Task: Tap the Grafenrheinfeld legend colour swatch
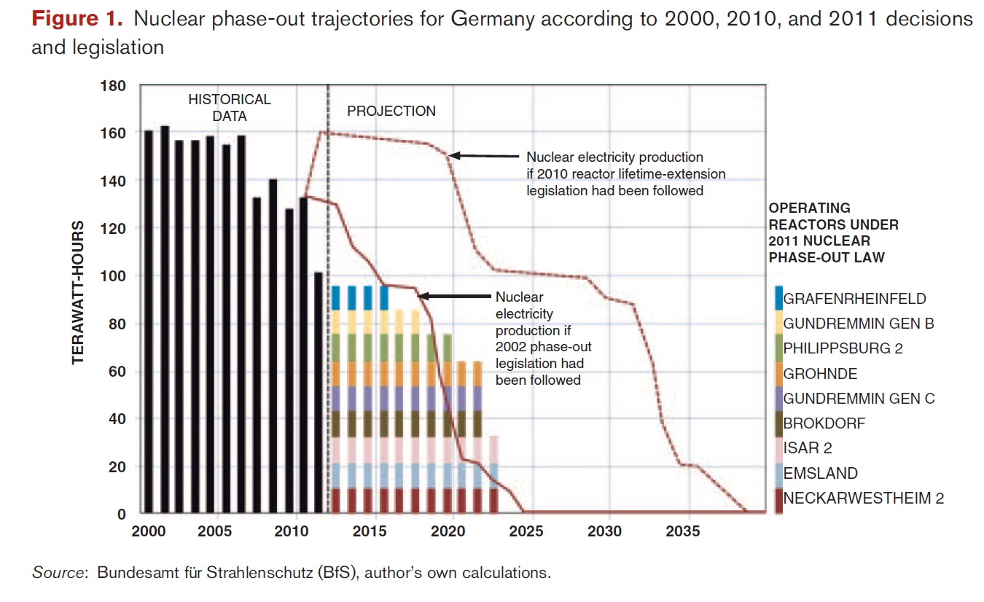pos(778,298)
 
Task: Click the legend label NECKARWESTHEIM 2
pos(863,499)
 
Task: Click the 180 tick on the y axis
pos(117,86)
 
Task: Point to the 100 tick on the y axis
pos(117,276)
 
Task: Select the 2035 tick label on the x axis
pos(683,531)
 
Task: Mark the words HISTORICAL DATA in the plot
pos(230,107)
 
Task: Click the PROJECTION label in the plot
pos(391,112)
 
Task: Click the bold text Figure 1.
pos(77,19)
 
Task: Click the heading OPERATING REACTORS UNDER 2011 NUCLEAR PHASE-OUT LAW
pos(834,232)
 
